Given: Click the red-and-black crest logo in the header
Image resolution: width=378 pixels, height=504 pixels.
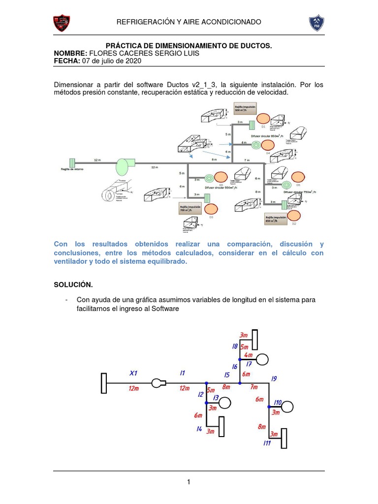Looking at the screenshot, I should (61, 23).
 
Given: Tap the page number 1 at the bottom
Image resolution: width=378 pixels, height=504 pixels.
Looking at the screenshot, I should (189, 482).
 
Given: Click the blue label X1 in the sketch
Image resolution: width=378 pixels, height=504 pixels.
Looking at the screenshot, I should (134, 372).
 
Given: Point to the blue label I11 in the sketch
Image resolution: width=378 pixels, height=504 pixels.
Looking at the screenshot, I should (267, 443).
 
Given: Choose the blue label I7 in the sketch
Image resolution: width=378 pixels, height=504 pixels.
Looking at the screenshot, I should (249, 364).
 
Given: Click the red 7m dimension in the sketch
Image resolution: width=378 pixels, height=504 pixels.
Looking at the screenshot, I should (253, 387).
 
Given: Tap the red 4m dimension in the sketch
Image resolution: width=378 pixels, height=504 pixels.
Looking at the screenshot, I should (248, 355).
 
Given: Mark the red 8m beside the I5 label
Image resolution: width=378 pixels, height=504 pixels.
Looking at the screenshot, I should (226, 387).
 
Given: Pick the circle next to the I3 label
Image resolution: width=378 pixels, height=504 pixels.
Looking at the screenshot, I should (224, 403).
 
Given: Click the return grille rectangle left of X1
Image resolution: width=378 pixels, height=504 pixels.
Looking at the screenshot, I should (104, 383).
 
